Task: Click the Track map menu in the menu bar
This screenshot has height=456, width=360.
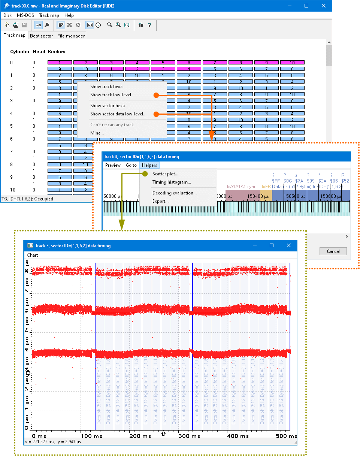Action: click(49, 15)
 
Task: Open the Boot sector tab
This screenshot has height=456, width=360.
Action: click(41, 36)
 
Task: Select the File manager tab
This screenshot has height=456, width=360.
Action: click(71, 36)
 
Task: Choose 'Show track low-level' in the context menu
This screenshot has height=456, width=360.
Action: click(111, 95)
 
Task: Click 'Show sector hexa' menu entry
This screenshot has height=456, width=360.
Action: click(107, 106)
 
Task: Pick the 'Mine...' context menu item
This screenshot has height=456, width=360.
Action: click(97, 133)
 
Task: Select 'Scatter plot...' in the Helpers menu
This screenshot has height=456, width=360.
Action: click(165, 174)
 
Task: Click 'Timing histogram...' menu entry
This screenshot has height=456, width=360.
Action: click(172, 182)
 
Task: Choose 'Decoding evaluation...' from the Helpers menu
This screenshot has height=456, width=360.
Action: click(174, 193)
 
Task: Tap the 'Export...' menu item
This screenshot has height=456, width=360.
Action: click(160, 201)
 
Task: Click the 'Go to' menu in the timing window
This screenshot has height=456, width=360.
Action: click(131, 165)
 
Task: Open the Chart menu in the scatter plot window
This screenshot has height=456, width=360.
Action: click(33, 255)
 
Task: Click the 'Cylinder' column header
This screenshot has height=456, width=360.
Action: click(20, 52)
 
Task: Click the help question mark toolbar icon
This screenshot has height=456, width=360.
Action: click(149, 25)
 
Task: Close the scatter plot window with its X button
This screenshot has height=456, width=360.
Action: click(288, 246)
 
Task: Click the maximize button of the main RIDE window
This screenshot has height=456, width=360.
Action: click(306, 6)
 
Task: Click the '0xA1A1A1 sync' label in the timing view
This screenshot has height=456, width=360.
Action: click(241, 186)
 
